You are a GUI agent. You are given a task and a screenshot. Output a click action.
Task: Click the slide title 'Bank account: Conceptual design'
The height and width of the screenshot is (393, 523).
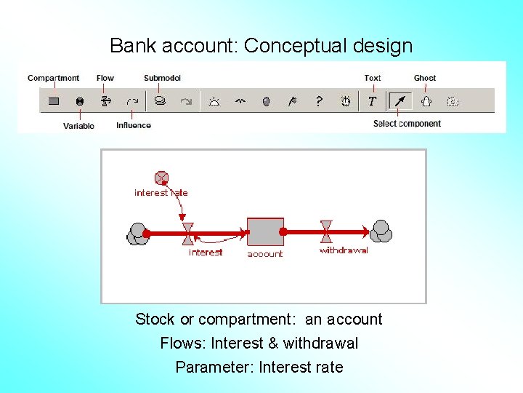(261, 46)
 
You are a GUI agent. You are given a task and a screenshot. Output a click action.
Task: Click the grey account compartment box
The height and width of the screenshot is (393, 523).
(265, 231)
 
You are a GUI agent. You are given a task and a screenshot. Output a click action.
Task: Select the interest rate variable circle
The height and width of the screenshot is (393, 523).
(161, 178)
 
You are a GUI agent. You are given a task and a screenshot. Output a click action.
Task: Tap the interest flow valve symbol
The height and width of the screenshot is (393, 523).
(188, 233)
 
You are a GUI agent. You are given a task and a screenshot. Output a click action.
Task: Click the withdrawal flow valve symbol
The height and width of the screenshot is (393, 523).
(326, 231)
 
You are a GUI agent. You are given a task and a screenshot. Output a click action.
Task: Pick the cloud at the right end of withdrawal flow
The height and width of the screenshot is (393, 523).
(381, 231)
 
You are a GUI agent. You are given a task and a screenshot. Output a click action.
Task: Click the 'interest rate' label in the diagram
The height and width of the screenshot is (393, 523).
(161, 193)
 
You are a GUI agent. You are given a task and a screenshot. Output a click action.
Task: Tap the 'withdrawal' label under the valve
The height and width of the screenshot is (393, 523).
(344, 250)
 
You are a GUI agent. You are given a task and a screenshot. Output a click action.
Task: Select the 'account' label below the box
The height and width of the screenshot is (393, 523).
(265, 254)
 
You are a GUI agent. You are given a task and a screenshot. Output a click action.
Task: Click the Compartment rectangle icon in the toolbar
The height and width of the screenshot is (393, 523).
(54, 101)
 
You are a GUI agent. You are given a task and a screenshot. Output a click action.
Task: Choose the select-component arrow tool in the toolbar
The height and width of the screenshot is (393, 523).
(399, 101)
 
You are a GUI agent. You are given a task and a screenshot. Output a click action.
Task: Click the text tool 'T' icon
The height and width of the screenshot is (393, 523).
(372, 101)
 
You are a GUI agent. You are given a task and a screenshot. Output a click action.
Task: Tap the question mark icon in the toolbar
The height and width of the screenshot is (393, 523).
(318, 101)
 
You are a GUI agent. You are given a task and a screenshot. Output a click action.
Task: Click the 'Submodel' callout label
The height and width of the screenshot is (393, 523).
(162, 78)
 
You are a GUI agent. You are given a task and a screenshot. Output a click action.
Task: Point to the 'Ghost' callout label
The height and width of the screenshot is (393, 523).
(425, 78)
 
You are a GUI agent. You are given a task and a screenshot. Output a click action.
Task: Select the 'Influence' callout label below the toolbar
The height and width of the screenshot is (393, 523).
(134, 125)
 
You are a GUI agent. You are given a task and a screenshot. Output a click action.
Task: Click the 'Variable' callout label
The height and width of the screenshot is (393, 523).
(78, 126)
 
